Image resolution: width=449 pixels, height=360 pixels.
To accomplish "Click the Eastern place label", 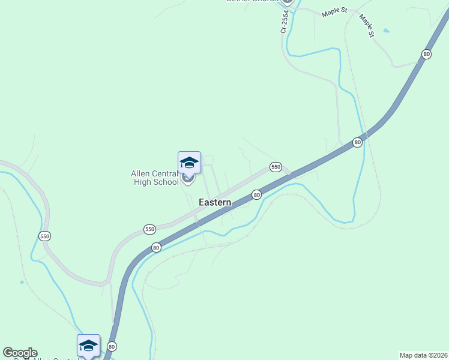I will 215,203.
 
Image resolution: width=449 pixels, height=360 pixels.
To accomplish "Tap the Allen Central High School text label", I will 155,178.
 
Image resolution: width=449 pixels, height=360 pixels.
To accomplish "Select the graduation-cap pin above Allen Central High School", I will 189,163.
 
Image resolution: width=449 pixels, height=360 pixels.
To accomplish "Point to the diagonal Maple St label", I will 367,26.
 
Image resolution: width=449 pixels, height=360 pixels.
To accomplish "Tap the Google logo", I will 20,353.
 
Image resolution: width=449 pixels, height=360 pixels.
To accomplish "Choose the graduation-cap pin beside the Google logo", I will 88,346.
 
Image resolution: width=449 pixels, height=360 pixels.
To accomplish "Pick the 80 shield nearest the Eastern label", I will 256,195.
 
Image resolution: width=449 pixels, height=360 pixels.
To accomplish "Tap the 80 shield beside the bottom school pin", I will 112,346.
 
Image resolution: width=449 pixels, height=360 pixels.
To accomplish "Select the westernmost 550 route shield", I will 45,236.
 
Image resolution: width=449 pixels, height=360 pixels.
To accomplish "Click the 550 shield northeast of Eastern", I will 276,167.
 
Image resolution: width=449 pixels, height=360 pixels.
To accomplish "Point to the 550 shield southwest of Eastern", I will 149,229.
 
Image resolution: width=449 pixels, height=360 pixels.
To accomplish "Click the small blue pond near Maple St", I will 385,30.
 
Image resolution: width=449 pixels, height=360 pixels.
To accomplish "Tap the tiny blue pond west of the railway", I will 22,282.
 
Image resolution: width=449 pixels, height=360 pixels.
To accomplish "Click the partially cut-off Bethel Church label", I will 252,1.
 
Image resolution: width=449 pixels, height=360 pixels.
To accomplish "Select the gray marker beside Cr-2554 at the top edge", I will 287,2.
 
